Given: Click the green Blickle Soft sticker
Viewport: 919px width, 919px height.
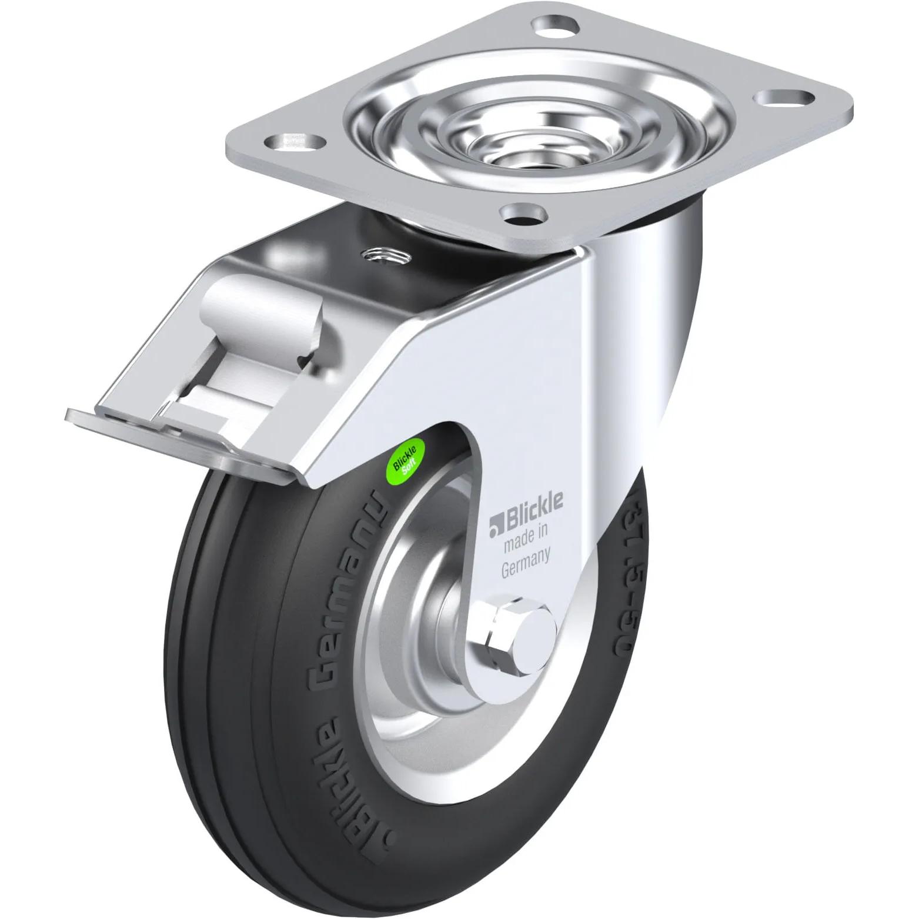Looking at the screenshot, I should pos(407,456).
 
